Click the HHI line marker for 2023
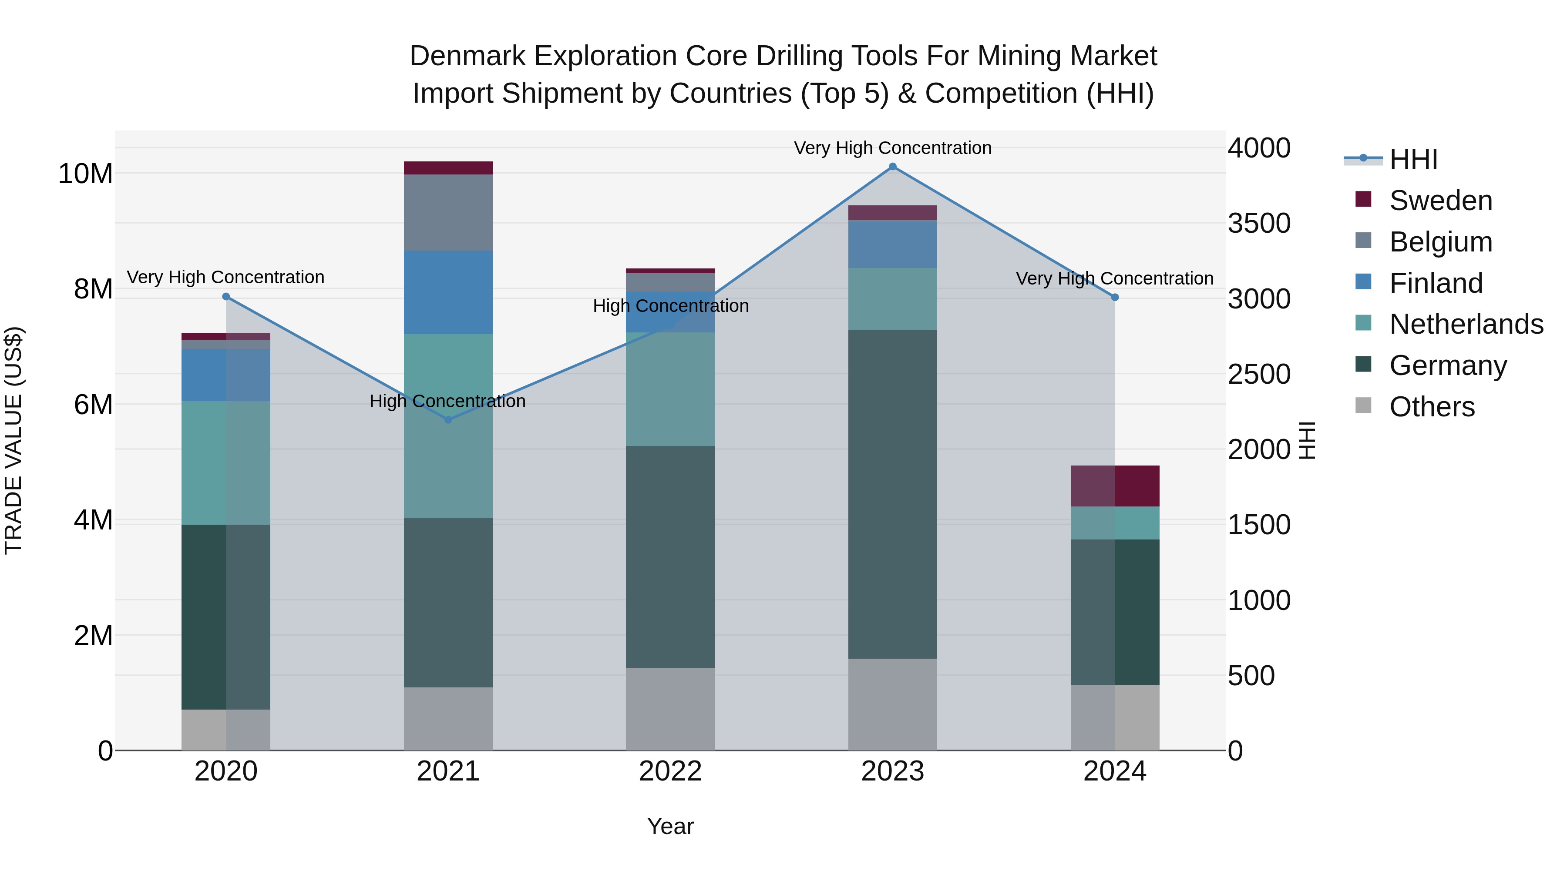tap(892, 167)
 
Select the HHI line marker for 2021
tap(448, 419)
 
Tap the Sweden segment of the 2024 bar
tap(1115, 486)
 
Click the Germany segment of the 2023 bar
tap(892, 494)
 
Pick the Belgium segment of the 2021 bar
tap(448, 212)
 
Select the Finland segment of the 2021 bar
tap(448, 292)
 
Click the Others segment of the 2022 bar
tap(670, 709)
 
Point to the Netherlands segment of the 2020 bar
tap(225, 463)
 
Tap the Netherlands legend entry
tap(1466, 324)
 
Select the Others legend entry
tap(1432, 407)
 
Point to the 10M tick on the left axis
tap(85, 174)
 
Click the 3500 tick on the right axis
tap(1258, 223)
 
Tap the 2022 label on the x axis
tap(670, 771)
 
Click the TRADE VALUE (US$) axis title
tap(13, 440)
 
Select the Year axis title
tap(670, 826)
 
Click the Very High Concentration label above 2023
tap(892, 148)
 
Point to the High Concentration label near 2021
tap(448, 401)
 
